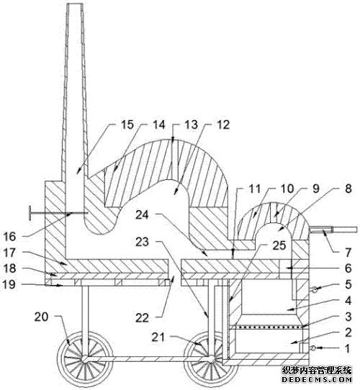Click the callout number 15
click(x=127, y=124)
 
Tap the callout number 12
click(x=222, y=124)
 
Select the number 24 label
click(x=142, y=214)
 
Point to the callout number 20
click(x=41, y=317)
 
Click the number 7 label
click(x=348, y=253)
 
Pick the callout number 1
click(x=348, y=348)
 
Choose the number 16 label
click(x=10, y=237)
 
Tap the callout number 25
click(x=279, y=245)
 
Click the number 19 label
click(x=9, y=284)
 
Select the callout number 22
click(x=142, y=318)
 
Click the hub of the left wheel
click(x=85, y=359)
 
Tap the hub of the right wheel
click(x=212, y=359)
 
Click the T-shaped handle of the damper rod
click(x=30, y=213)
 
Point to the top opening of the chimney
click(x=75, y=4)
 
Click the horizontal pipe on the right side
click(x=333, y=230)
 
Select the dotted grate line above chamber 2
click(x=266, y=326)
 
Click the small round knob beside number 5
click(x=315, y=289)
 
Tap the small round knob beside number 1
click(x=313, y=348)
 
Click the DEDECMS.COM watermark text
click(x=317, y=380)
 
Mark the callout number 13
click(x=192, y=124)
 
